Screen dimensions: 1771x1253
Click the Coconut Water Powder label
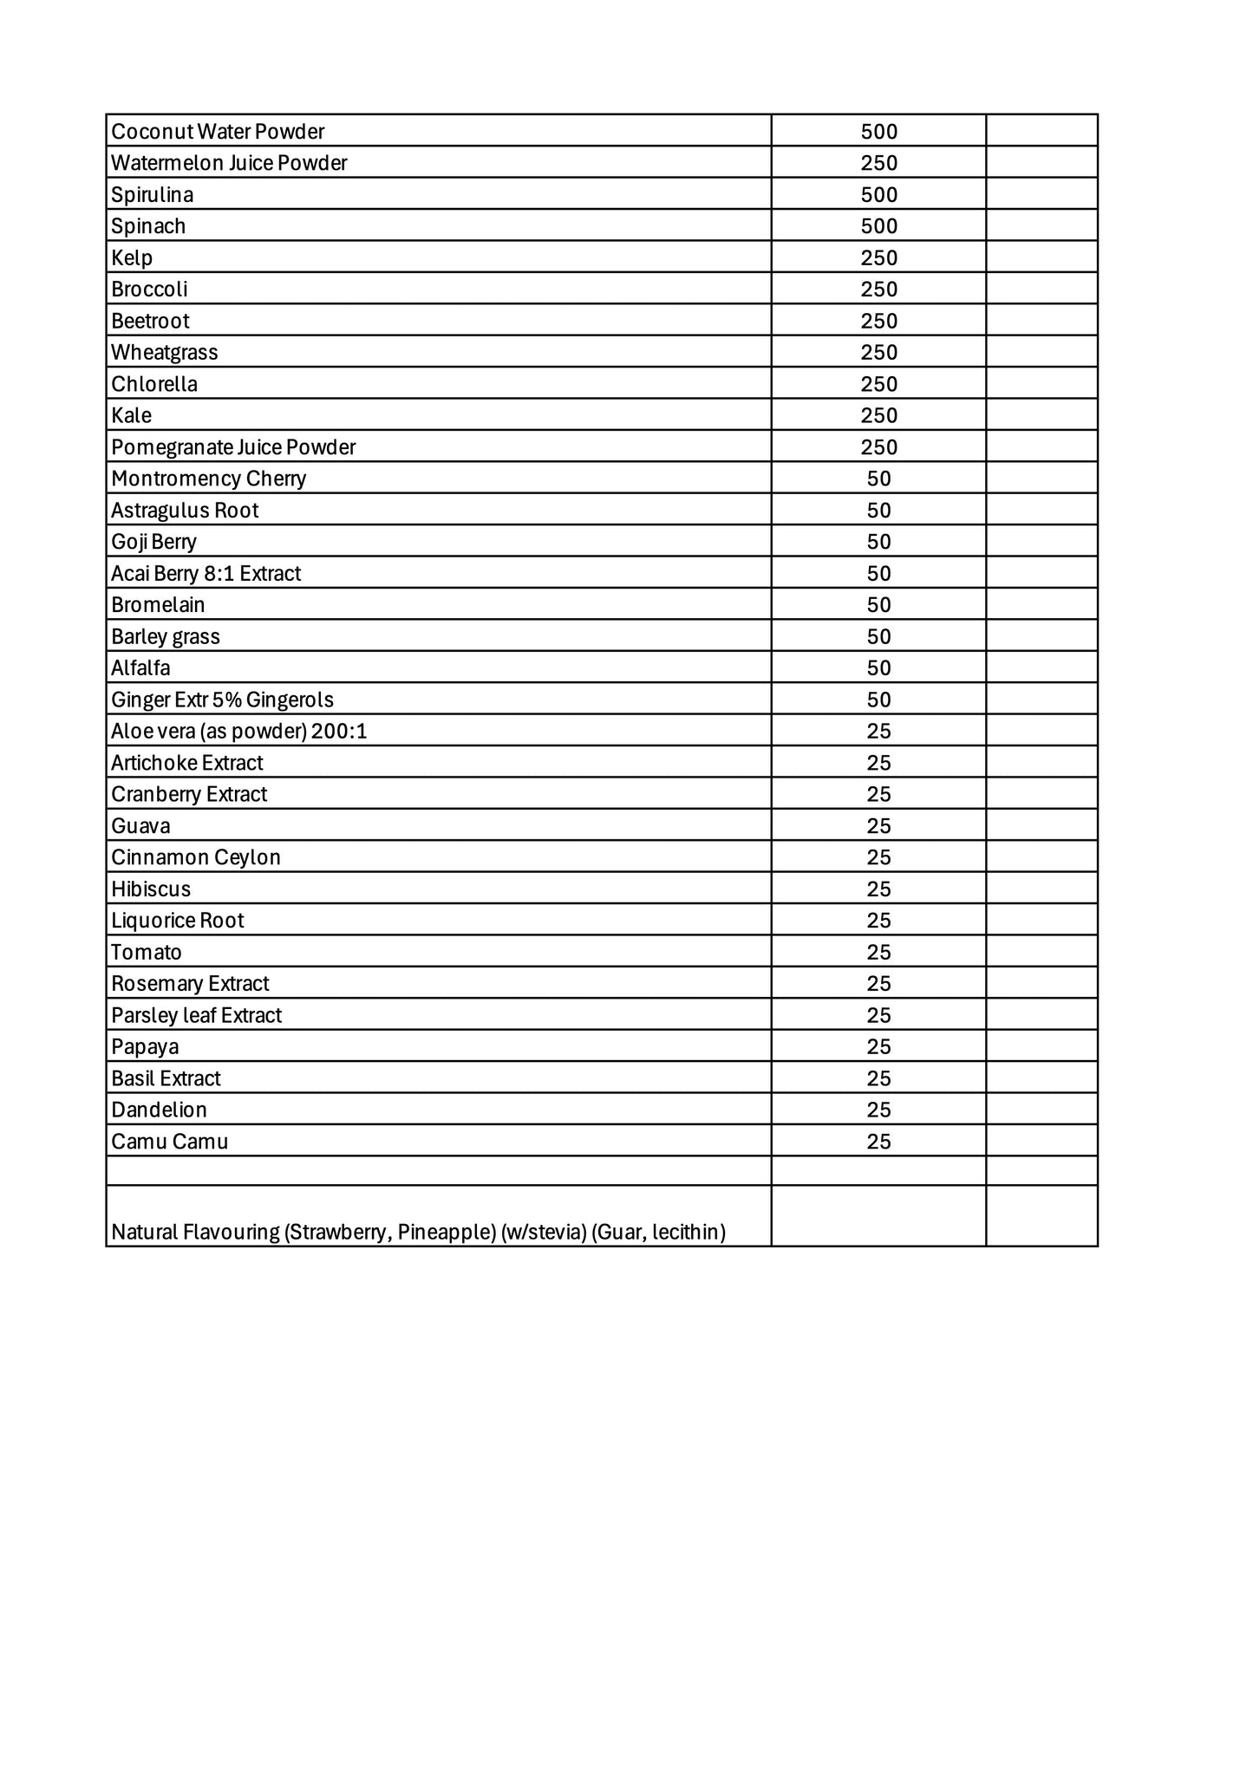(x=218, y=132)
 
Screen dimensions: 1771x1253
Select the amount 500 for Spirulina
(x=878, y=195)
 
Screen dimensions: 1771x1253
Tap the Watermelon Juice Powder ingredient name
(x=229, y=163)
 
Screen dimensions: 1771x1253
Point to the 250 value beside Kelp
(x=878, y=258)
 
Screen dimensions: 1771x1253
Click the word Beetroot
(x=150, y=322)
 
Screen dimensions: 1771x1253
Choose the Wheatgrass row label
(x=165, y=353)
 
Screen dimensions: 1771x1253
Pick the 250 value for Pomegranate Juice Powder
(x=878, y=447)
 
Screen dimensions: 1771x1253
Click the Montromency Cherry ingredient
(x=209, y=479)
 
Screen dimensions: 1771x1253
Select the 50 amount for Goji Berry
(x=878, y=543)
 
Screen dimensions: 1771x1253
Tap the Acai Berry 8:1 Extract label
(x=206, y=574)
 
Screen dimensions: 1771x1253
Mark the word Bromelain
(x=158, y=605)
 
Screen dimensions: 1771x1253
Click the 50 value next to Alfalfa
(x=878, y=668)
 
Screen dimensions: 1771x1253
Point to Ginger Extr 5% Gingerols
(x=222, y=700)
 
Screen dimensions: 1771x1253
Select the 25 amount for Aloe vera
(x=878, y=732)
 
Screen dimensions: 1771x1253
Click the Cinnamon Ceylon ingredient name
(x=196, y=857)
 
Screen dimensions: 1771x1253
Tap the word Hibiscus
(x=151, y=889)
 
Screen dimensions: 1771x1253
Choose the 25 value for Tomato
(x=878, y=953)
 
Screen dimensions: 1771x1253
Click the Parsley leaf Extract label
(x=197, y=1015)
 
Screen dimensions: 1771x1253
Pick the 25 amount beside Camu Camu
(x=878, y=1142)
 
